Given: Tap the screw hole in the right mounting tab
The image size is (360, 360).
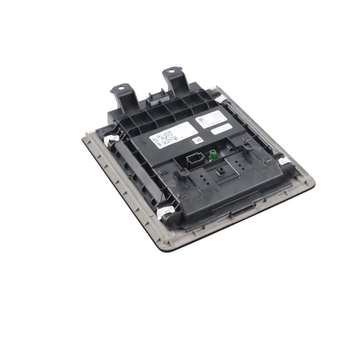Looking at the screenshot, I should pos(171,71).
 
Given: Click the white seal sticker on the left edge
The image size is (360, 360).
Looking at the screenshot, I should pos(111,139).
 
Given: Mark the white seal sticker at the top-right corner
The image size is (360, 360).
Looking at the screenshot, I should pos(220,99).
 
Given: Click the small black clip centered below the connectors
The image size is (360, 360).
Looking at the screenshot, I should pos(220,173).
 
